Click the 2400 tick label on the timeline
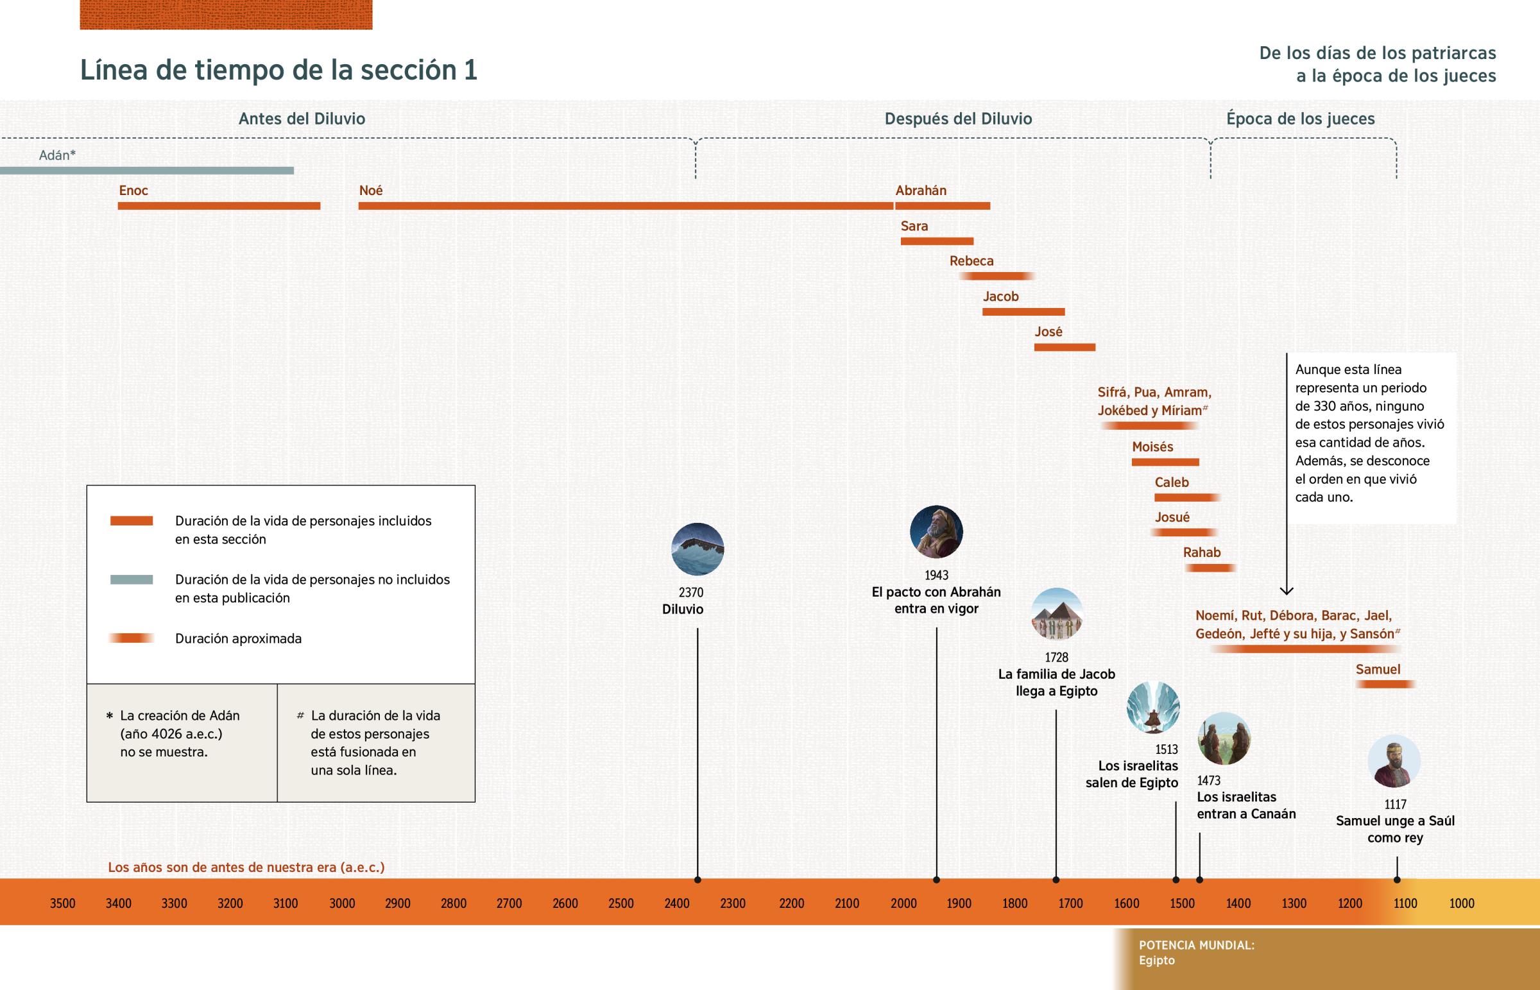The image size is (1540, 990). pos(676,903)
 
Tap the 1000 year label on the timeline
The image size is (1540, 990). pos(1461,903)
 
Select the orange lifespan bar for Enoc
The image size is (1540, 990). pos(219,206)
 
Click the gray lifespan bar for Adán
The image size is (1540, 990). pos(146,171)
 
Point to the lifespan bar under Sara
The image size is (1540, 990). pos(936,241)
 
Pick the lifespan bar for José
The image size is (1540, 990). pos(1065,347)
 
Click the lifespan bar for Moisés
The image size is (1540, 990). pos(1165,462)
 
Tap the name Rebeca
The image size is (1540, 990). pos(971,261)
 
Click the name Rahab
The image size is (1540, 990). pos(1201,552)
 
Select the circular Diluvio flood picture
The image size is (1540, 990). pos(697,549)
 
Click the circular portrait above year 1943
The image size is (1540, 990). pos(936,532)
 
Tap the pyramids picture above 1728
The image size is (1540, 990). pos(1057,614)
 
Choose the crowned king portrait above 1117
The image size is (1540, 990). pos(1394,761)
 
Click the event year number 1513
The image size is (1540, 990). pos(1166,749)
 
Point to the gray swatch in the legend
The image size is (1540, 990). pos(131,579)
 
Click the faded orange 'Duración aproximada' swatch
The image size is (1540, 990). pos(131,638)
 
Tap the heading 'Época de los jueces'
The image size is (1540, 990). pos(1299,119)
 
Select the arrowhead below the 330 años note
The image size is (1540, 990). pos(1286,590)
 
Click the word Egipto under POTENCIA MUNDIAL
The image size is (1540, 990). pos(1156,960)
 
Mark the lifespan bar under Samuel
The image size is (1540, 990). pos(1385,684)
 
